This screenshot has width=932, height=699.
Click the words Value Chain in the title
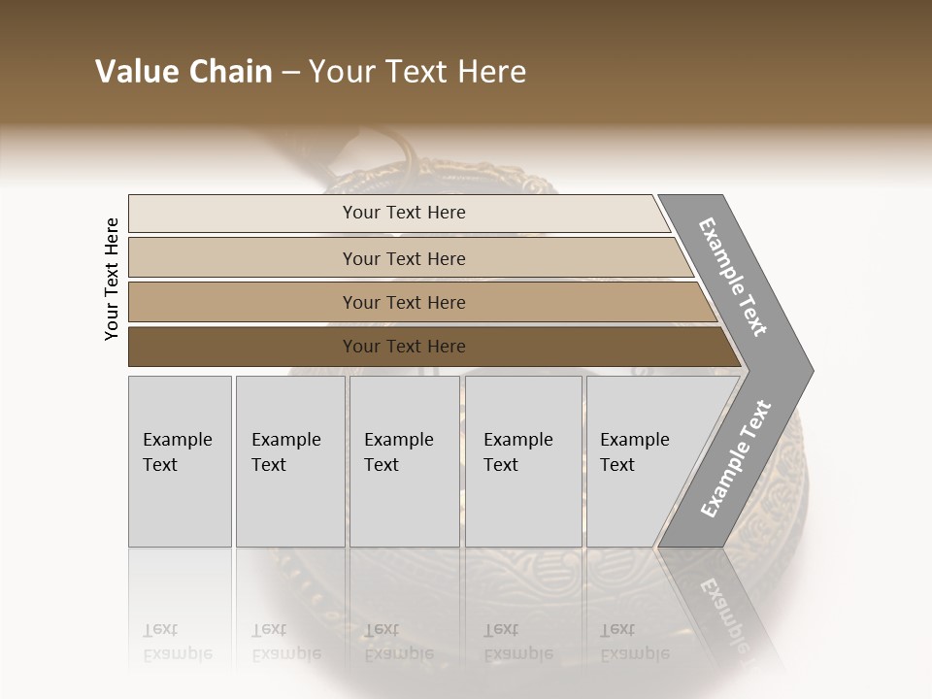pyautogui.click(x=183, y=72)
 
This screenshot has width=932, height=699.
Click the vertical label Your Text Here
pyautogui.click(x=112, y=279)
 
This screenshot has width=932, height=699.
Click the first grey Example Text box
pyautogui.click(x=180, y=461)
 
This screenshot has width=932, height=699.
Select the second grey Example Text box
pyautogui.click(x=290, y=461)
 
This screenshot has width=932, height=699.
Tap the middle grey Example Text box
pyautogui.click(x=404, y=461)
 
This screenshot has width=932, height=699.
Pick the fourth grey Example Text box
pyautogui.click(x=523, y=461)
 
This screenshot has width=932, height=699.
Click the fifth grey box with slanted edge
pyautogui.click(x=641, y=461)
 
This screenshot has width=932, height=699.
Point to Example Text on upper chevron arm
pyautogui.click(x=733, y=278)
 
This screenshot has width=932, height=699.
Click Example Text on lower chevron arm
pyautogui.click(x=736, y=459)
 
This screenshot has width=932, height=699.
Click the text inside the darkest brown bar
pyautogui.click(x=404, y=347)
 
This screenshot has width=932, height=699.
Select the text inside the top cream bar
pyautogui.click(x=404, y=213)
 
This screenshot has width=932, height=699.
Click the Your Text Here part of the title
pyautogui.click(x=417, y=72)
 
